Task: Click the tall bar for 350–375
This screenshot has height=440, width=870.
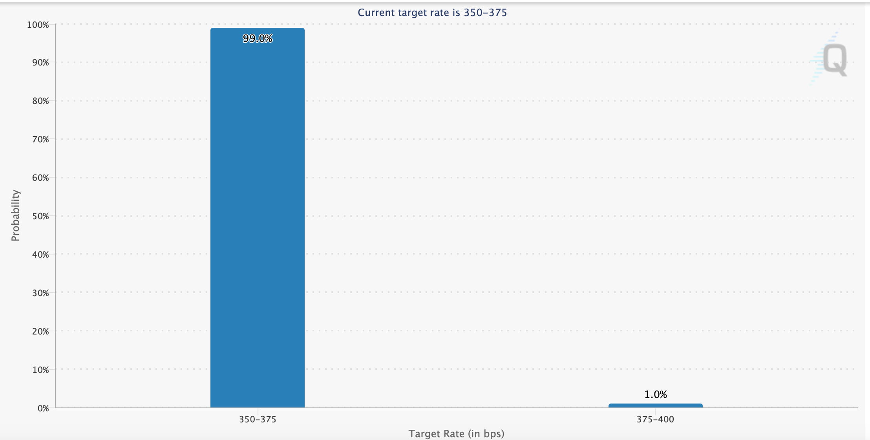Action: pyautogui.click(x=258, y=218)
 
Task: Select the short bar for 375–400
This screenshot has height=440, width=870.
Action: pyautogui.click(x=655, y=405)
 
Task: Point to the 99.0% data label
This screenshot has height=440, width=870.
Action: pyautogui.click(x=258, y=38)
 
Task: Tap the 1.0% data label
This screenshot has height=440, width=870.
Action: pyautogui.click(x=655, y=395)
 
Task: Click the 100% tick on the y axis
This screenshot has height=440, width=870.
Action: pyautogui.click(x=38, y=25)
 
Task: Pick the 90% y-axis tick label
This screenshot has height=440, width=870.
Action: pyautogui.click(x=40, y=63)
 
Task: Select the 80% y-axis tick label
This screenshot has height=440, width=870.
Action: pyautogui.click(x=40, y=101)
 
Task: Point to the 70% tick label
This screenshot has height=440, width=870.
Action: pyautogui.click(x=40, y=140)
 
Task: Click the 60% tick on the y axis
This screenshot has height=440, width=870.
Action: pyautogui.click(x=40, y=178)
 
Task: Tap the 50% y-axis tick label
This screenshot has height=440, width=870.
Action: pyautogui.click(x=40, y=216)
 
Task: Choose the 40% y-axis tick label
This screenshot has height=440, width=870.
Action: pyautogui.click(x=40, y=255)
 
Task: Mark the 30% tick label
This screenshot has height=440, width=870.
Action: pyautogui.click(x=40, y=293)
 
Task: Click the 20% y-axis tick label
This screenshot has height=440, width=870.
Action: pyautogui.click(x=40, y=332)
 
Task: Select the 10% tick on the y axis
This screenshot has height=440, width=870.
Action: pyautogui.click(x=40, y=370)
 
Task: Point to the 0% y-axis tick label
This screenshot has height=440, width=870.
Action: pyautogui.click(x=43, y=409)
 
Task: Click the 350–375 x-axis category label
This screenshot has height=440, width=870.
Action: pyautogui.click(x=258, y=420)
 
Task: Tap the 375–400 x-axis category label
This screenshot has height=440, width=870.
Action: pyautogui.click(x=655, y=420)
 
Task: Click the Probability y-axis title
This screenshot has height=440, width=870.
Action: pyautogui.click(x=15, y=216)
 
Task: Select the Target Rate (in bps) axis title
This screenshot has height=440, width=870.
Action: pyautogui.click(x=456, y=434)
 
